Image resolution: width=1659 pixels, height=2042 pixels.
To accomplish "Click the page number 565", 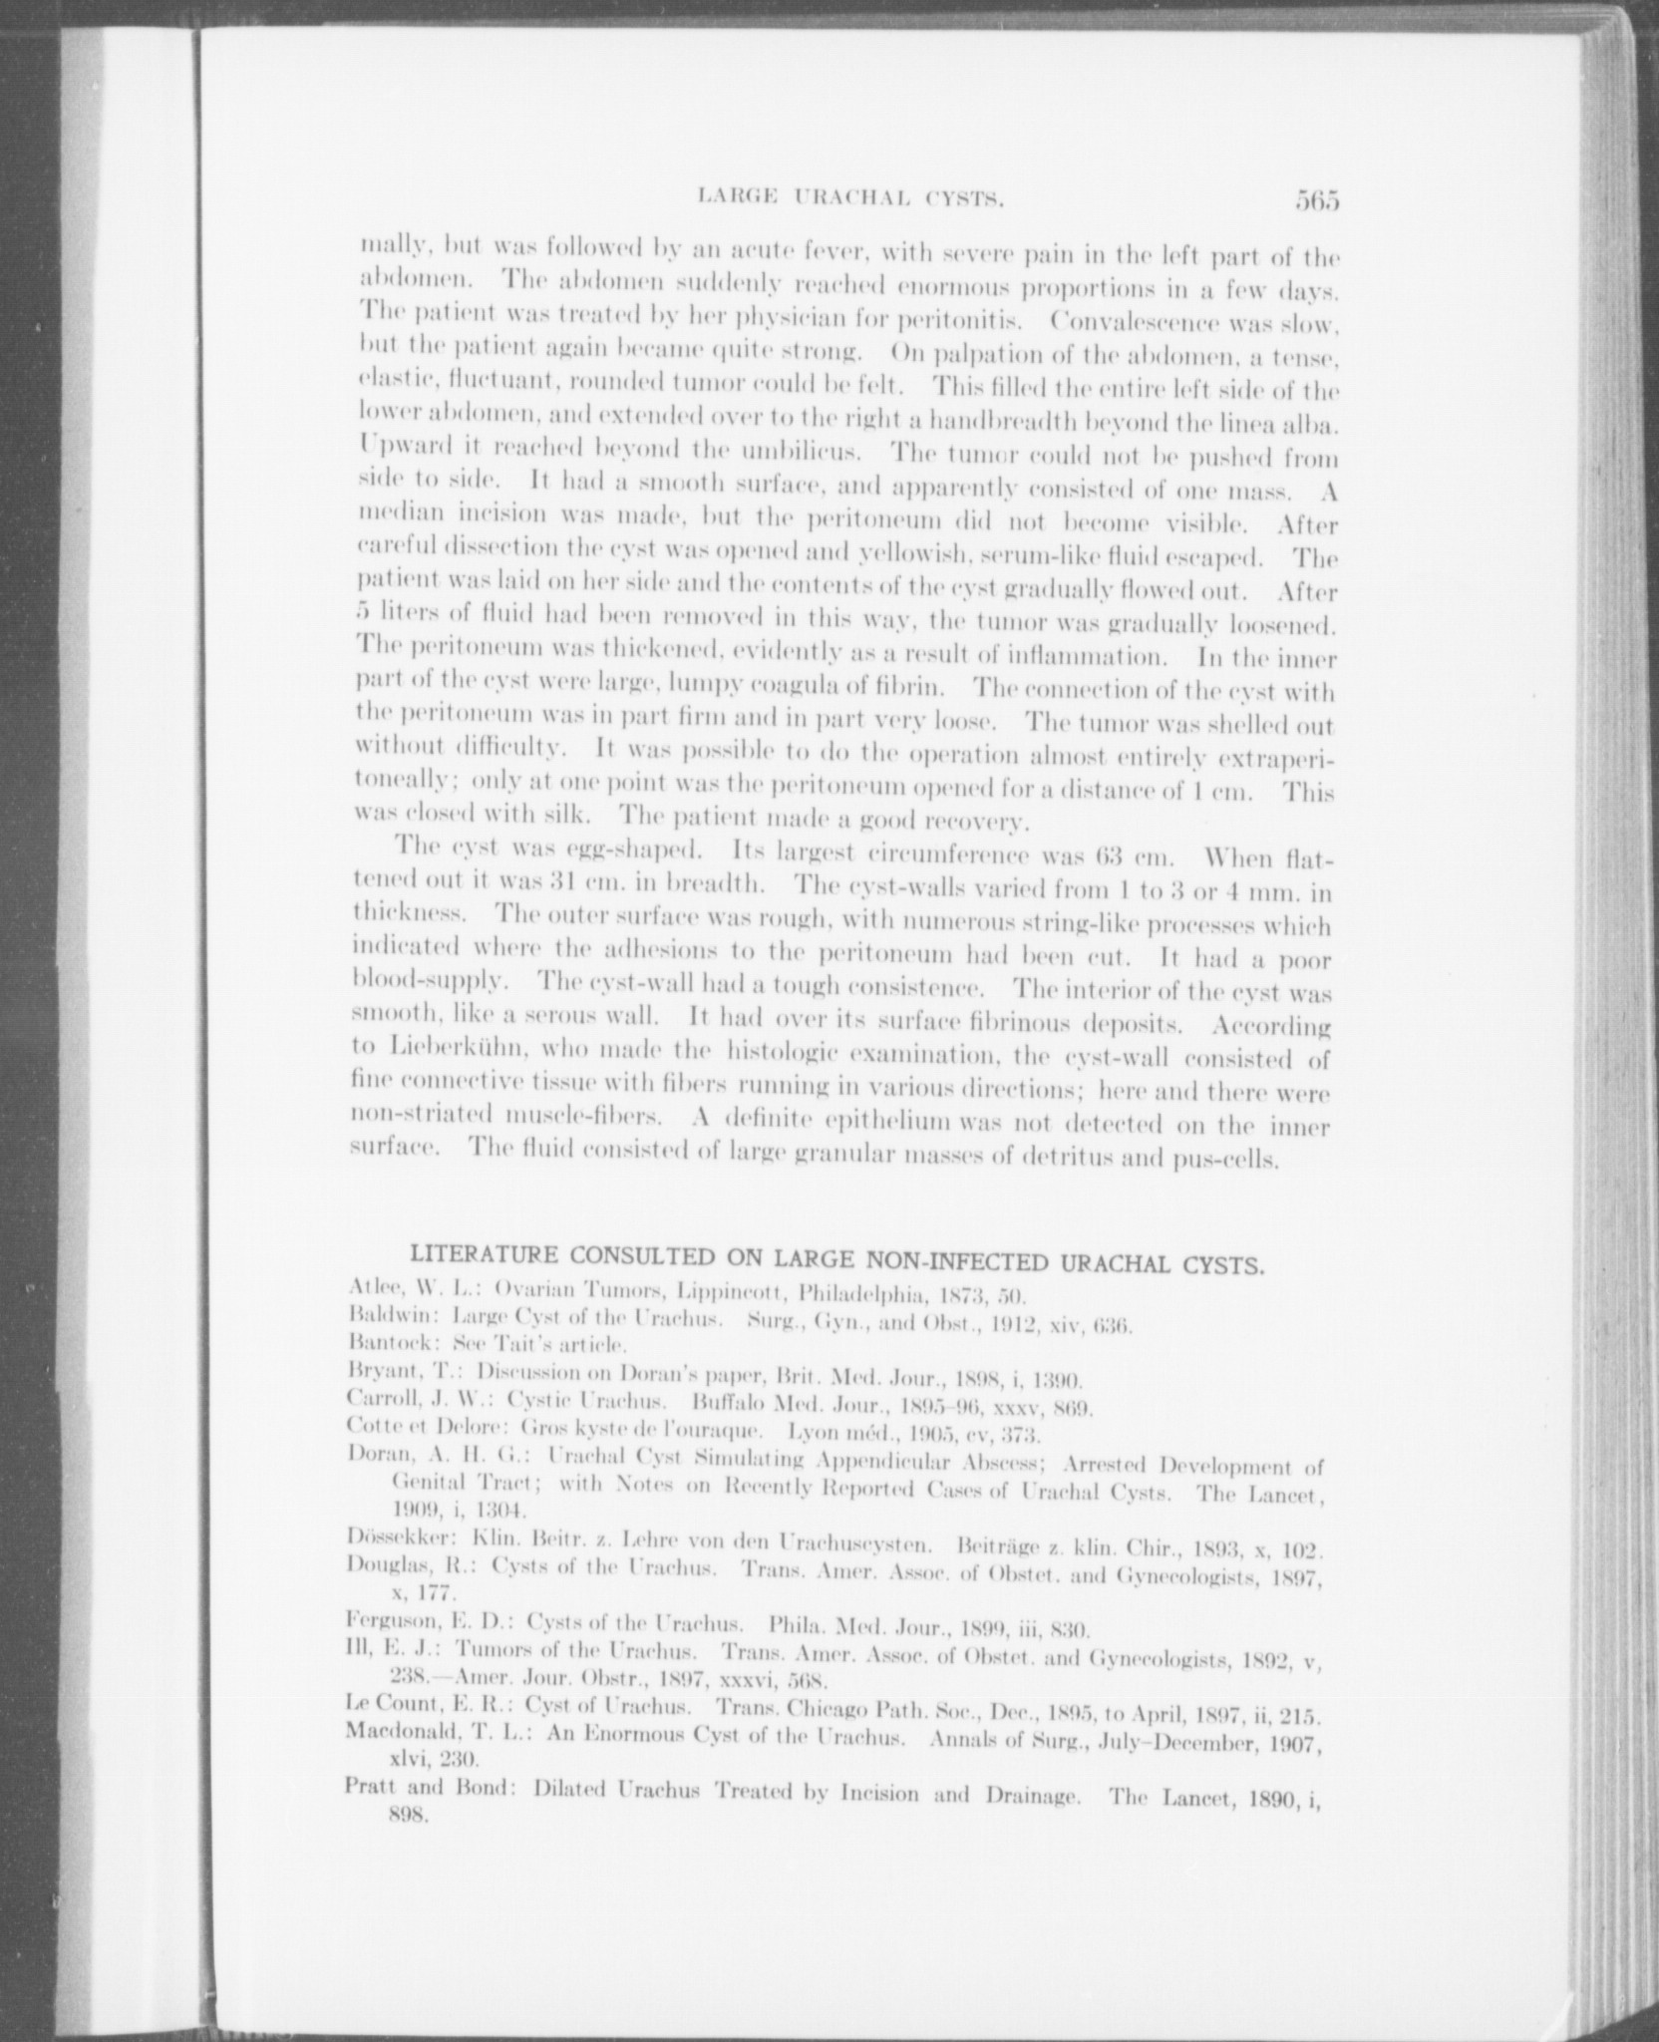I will pos(1317,202).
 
